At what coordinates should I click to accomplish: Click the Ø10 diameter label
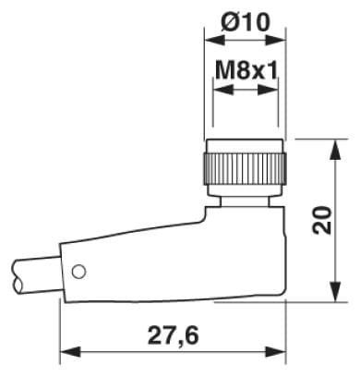246,21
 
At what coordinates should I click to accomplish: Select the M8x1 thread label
246,69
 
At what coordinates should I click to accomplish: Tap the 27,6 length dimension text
174,335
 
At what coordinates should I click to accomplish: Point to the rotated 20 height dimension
322,220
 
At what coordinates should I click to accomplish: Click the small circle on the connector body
78,272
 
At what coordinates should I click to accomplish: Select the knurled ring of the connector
245,170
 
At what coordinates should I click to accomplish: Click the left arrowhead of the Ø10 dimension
215,40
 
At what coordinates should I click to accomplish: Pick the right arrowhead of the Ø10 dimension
276,40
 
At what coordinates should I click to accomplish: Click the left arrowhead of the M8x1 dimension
223,90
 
